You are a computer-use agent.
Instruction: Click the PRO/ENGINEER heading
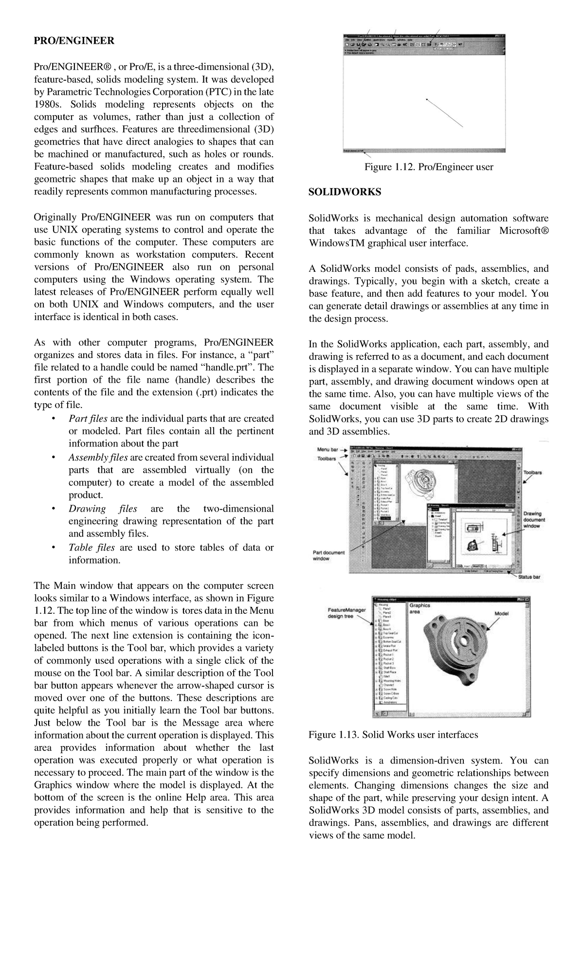coord(74,41)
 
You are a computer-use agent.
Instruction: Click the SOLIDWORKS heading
coord(345,192)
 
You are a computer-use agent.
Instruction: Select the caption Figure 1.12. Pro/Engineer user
coord(429,167)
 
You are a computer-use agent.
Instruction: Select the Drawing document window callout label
coord(534,520)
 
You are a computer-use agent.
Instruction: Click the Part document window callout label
coord(328,555)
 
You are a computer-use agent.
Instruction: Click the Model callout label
coord(501,614)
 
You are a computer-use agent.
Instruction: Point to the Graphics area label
coord(420,608)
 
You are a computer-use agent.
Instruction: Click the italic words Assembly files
coord(98,458)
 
